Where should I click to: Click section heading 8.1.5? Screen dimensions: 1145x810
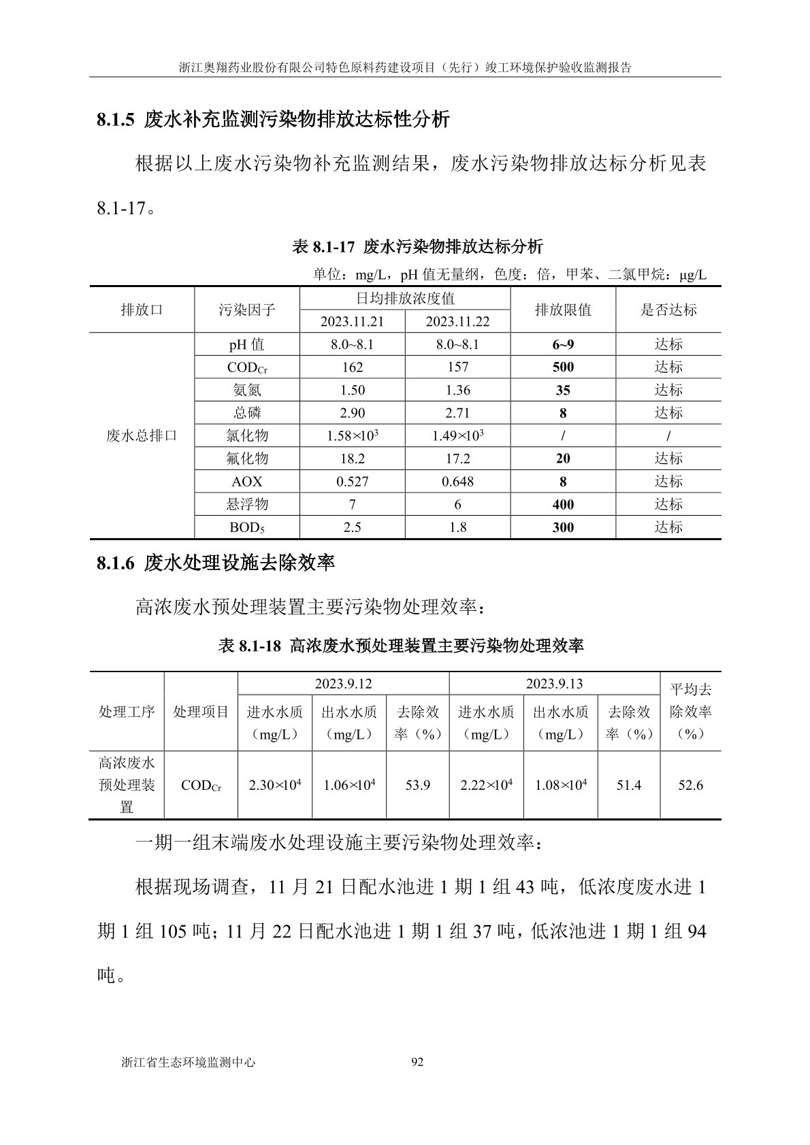pyautogui.click(x=273, y=120)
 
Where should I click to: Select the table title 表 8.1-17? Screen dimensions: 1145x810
pyautogui.click(x=417, y=246)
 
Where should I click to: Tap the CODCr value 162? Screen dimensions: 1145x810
pyautogui.click(x=353, y=367)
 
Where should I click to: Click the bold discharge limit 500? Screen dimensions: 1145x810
pyautogui.click(x=563, y=367)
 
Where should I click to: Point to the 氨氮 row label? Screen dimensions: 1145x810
pyautogui.click(x=246, y=391)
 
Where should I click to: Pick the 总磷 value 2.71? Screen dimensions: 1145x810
pyautogui.click(x=457, y=413)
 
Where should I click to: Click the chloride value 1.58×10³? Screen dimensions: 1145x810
pyautogui.click(x=353, y=435)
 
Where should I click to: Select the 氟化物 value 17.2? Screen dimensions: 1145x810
pyautogui.click(x=457, y=459)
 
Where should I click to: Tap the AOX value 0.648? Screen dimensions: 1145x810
pyautogui.click(x=457, y=482)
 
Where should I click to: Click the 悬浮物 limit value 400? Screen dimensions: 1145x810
pyautogui.click(x=563, y=505)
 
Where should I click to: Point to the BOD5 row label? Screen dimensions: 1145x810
pyautogui.click(x=246, y=528)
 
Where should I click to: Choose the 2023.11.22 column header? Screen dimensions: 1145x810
pyautogui.click(x=457, y=322)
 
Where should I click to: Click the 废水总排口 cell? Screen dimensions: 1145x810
pyautogui.click(x=142, y=435)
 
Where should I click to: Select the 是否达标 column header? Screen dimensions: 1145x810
pyautogui.click(x=668, y=310)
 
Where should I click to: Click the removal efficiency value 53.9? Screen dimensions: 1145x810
pyautogui.click(x=418, y=785)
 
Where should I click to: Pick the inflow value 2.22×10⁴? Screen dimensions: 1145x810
pyautogui.click(x=486, y=785)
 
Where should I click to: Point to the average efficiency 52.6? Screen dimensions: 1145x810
pyautogui.click(x=690, y=785)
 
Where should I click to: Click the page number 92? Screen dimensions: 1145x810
pyautogui.click(x=418, y=1062)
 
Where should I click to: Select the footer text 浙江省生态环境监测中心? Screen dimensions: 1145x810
pyautogui.click(x=188, y=1062)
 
